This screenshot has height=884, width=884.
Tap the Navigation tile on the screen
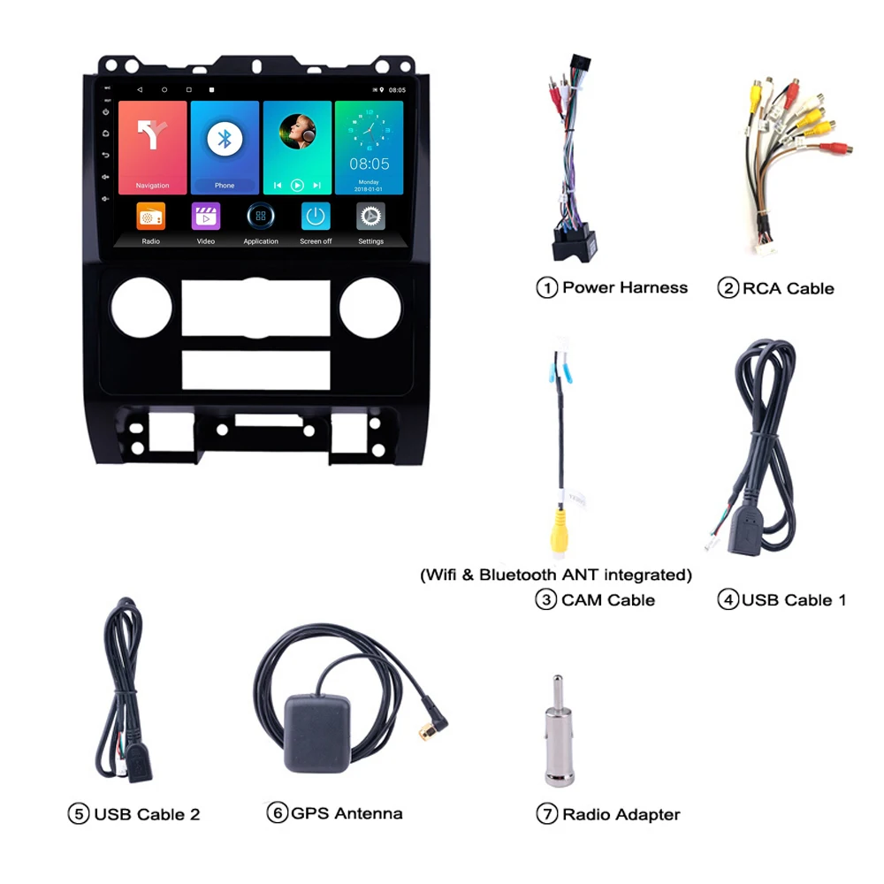(x=152, y=147)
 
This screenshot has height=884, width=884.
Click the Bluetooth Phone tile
(x=225, y=147)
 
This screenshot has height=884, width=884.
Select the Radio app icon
(x=150, y=217)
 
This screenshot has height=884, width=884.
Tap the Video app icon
(x=206, y=217)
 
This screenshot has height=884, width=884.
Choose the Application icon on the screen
(x=261, y=217)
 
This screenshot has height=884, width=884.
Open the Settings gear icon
(x=370, y=217)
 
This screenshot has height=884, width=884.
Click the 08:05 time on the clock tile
(x=369, y=164)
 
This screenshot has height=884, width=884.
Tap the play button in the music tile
(x=297, y=186)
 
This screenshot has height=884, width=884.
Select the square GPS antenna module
(x=316, y=732)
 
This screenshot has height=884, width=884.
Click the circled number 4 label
(x=728, y=600)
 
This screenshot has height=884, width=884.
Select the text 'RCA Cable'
(x=788, y=288)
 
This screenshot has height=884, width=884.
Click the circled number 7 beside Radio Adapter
(x=547, y=814)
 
